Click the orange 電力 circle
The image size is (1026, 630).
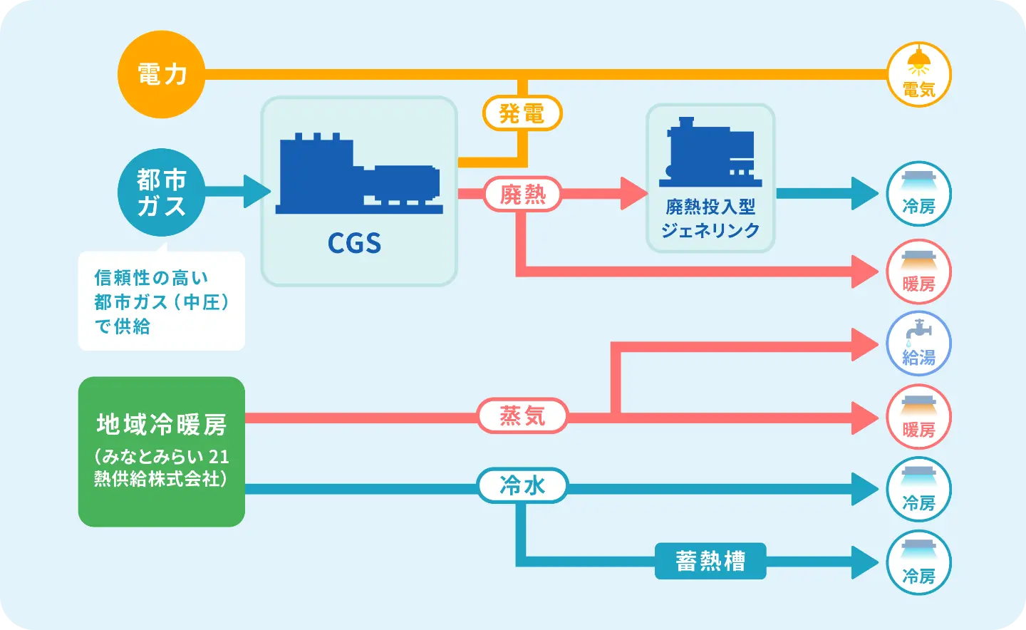click(162, 74)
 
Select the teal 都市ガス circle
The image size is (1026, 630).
click(162, 192)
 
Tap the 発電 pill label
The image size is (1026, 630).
click(522, 113)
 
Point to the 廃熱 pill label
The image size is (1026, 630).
click(522, 194)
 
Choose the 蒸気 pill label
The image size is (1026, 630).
click(522, 415)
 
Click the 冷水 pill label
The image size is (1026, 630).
click(522, 485)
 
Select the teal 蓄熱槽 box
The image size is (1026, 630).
click(710, 561)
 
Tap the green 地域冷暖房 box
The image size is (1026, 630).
click(162, 451)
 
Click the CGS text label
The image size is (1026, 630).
click(354, 244)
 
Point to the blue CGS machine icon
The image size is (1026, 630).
click(358, 175)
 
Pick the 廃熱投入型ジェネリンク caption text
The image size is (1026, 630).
click(710, 218)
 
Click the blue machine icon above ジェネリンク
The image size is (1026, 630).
click(710, 153)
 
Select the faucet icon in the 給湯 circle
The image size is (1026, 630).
click(918, 331)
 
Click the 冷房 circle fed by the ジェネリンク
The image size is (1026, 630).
click(918, 194)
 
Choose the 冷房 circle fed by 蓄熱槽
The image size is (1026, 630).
click(918, 562)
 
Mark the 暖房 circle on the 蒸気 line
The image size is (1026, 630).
click(918, 417)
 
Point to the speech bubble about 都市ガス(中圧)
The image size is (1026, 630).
click(162, 301)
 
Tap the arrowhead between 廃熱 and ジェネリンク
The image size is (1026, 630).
click(633, 194)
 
